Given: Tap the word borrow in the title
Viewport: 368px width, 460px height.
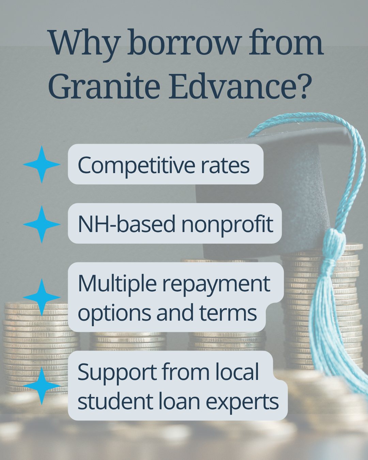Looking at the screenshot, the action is pyautogui.click(x=183, y=42).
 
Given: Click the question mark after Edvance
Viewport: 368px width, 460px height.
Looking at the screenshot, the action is pyautogui.click(x=305, y=86).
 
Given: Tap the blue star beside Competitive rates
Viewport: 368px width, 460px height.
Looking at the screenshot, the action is pyautogui.click(x=42, y=164).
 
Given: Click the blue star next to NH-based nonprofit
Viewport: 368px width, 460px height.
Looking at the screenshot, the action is pyautogui.click(x=42, y=224).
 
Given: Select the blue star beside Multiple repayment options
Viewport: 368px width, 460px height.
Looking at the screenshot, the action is pyautogui.click(x=42, y=297).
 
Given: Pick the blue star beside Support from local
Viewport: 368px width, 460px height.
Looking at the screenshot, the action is pyautogui.click(x=42, y=386).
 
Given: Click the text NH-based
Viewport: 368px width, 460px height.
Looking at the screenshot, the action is pyautogui.click(x=127, y=224).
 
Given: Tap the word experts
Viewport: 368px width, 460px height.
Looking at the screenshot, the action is pyautogui.click(x=242, y=403).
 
